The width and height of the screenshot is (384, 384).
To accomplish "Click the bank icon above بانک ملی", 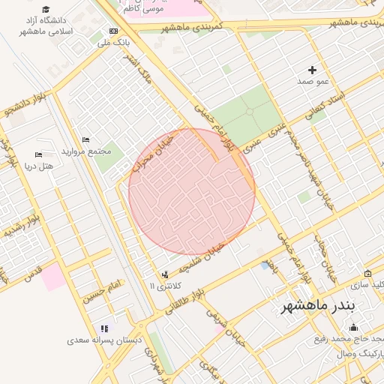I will (113, 31).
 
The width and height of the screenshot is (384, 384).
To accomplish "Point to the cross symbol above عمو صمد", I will (312, 70).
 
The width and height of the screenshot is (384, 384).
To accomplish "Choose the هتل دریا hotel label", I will (39, 165).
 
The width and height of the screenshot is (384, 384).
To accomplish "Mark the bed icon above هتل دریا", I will (37, 154).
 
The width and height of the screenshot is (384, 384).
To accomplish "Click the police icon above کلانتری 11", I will (165, 275).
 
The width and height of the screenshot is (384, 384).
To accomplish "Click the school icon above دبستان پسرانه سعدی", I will (104, 328).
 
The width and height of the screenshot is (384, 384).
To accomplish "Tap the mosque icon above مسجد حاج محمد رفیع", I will (353, 328).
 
